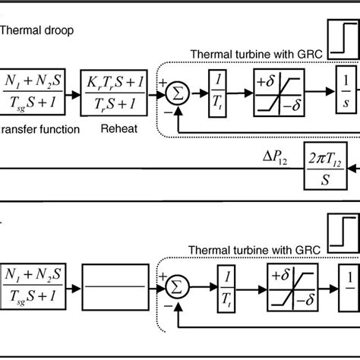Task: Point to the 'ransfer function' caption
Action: (x=39, y=129)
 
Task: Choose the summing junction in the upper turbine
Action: (x=176, y=94)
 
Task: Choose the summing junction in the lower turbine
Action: (x=176, y=288)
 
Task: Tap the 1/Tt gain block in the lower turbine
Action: (x=227, y=288)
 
